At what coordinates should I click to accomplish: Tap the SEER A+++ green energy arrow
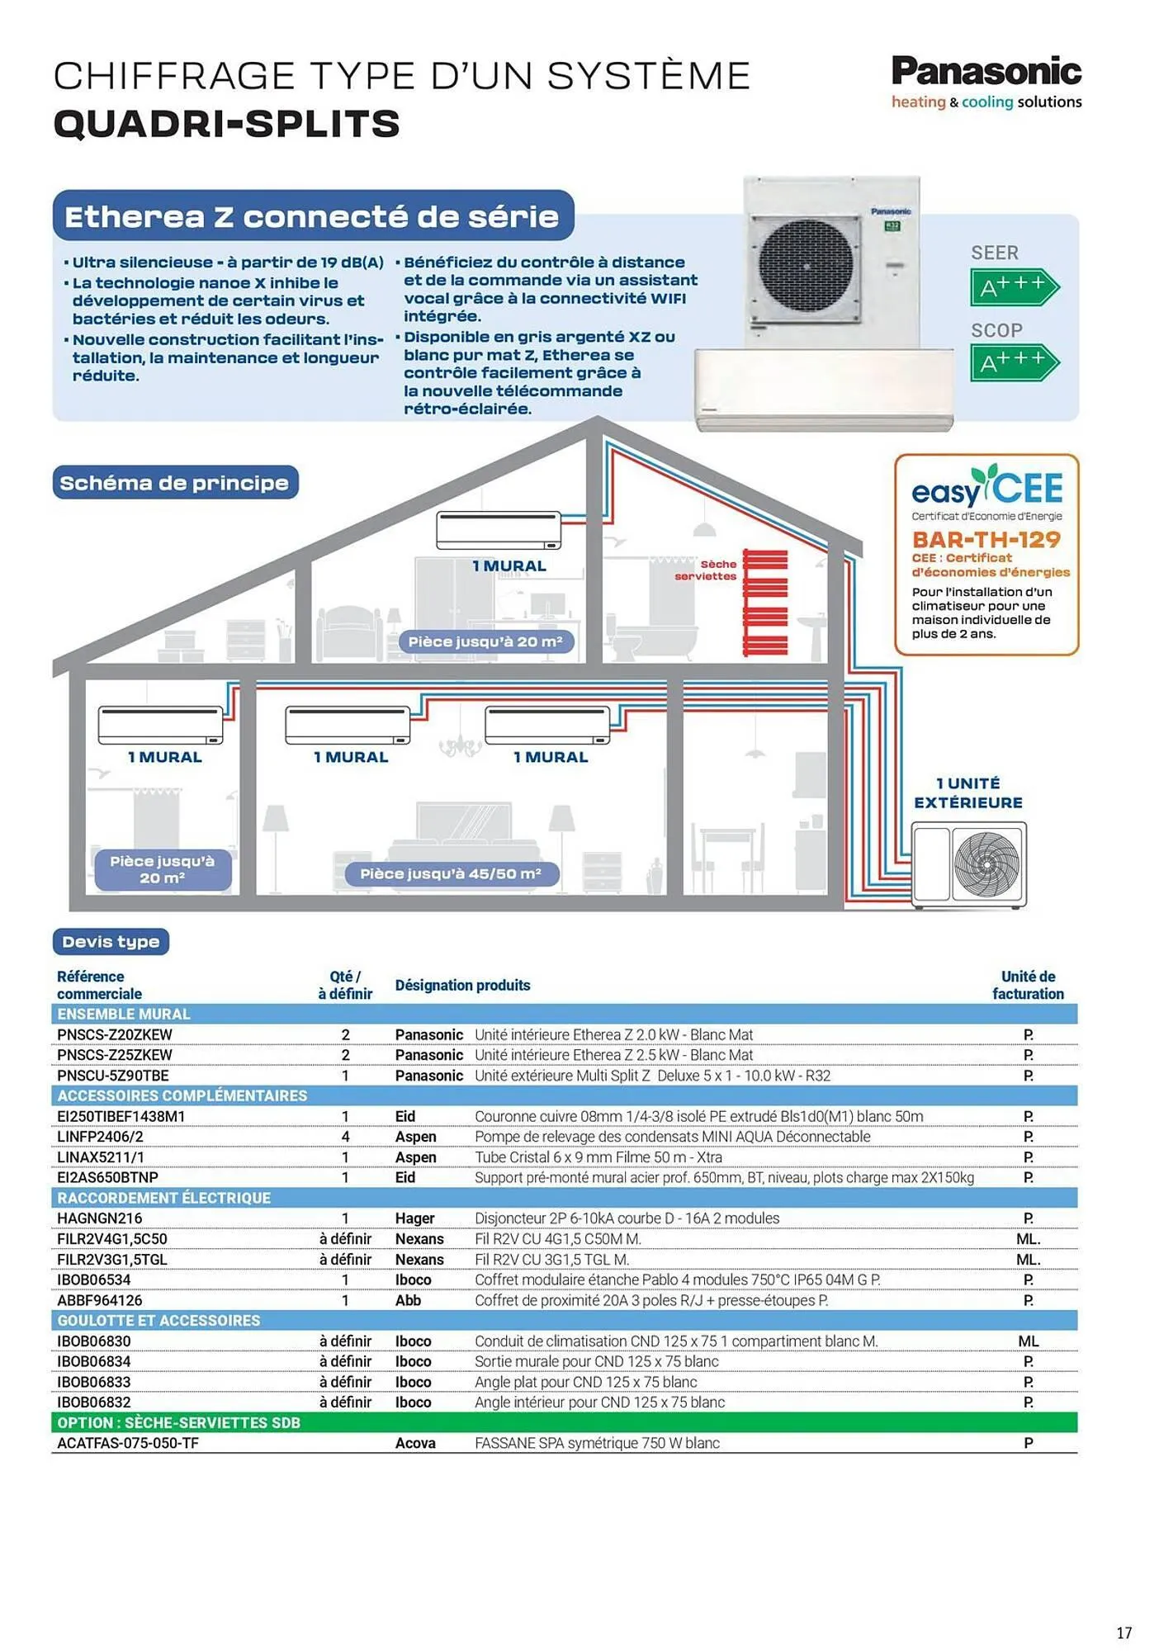point(1013,287)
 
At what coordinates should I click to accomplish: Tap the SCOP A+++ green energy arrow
point(1013,362)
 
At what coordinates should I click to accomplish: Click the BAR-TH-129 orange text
point(986,539)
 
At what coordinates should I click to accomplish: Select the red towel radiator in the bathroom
point(764,602)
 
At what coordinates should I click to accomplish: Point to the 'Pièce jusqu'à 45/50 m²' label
point(451,873)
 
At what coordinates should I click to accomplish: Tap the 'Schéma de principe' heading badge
point(174,483)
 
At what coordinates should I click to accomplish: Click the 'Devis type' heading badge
point(111,941)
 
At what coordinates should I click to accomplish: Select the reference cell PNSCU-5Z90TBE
point(113,1076)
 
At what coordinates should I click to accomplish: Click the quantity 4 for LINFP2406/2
point(345,1137)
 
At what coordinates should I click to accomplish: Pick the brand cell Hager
point(414,1218)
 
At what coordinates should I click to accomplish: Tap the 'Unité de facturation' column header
point(1028,985)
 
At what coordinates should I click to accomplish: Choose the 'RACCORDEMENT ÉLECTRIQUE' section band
point(163,1198)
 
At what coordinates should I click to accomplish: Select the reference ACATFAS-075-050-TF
point(128,1443)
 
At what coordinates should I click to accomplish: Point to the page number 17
point(1124,1632)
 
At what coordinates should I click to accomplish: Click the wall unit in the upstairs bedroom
point(499,530)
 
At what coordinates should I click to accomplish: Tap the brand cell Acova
point(415,1443)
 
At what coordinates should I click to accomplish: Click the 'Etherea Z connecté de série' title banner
point(312,216)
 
